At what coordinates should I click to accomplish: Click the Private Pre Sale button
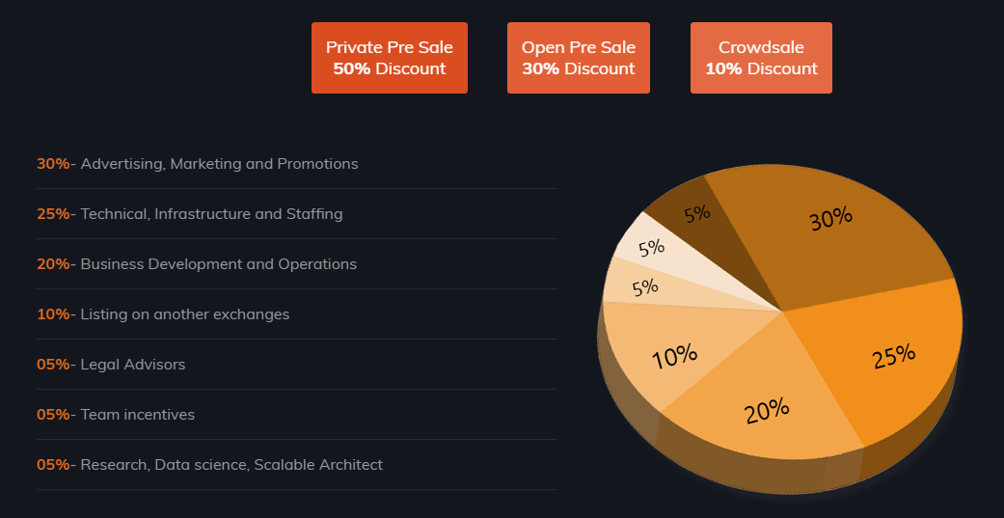389,58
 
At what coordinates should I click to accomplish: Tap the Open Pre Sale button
578,58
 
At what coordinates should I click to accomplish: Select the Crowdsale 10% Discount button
761,58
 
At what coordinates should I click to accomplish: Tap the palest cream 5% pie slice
650,247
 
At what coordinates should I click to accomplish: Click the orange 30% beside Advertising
53,164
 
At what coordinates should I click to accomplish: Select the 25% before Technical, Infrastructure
53,214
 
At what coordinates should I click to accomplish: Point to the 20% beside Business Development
53,264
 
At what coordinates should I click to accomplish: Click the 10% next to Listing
53,314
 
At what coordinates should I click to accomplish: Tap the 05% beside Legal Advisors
53,365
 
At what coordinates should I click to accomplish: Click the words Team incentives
138,415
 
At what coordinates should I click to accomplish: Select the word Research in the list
113,465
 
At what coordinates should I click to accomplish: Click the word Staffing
314,214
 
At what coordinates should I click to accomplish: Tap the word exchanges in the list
254,314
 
